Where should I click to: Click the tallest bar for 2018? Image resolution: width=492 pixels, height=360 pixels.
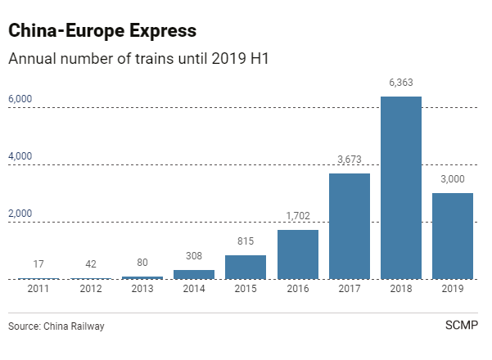point(400,188)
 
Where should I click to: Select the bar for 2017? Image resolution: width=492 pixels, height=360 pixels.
point(349,227)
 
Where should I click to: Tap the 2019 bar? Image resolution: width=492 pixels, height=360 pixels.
point(453,236)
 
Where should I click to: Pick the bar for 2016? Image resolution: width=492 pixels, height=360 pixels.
point(297,254)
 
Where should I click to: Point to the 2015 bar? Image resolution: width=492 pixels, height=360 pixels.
point(246,268)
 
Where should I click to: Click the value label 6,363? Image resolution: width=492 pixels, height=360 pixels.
point(400,82)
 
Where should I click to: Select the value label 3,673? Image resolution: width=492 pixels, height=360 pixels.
point(349,159)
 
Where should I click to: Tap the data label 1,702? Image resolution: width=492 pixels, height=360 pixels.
point(297,216)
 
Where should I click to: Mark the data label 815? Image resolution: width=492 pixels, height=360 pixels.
point(246,241)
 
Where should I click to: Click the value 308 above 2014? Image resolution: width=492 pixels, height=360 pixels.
point(194,256)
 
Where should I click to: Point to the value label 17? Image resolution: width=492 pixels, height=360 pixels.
point(38,264)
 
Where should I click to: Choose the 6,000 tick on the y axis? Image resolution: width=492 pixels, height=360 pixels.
point(20,99)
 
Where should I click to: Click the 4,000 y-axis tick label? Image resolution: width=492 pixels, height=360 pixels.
point(20,156)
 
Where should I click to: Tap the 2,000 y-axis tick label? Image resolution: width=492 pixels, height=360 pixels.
point(20,214)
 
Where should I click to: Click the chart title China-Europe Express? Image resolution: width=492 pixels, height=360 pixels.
point(102,32)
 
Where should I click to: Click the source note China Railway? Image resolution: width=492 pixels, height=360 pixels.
point(56,326)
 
